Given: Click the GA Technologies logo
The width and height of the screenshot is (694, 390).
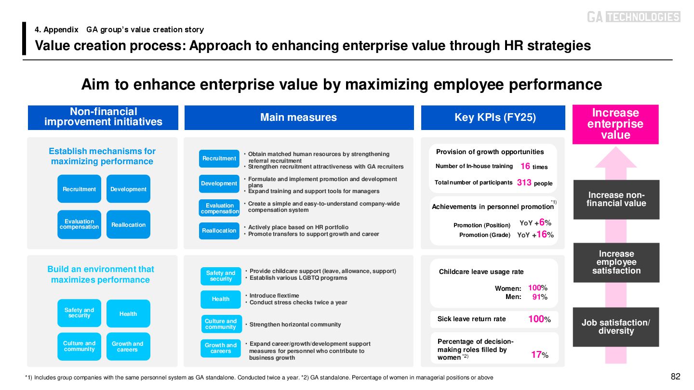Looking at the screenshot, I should (633, 17).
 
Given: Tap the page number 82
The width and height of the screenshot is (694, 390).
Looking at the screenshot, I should (675, 377).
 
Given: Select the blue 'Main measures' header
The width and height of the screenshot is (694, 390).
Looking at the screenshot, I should (299, 117).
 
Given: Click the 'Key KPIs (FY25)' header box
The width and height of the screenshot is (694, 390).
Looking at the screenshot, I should (493, 117).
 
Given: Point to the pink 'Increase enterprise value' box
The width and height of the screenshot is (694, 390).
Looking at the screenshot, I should (615, 124).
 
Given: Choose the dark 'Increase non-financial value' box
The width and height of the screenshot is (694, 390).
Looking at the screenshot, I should (616, 199).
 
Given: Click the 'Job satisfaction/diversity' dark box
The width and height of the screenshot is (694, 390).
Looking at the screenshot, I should (615, 327).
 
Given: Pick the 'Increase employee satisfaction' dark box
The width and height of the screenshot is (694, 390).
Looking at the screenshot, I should (616, 262).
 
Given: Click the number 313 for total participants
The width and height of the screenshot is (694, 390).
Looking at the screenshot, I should (524, 183).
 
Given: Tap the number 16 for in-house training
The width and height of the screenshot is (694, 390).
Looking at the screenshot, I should (525, 166).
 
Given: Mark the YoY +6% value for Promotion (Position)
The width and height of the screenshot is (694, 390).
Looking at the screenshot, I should (535, 222).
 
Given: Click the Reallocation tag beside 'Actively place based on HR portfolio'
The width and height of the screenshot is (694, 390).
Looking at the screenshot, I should (219, 231).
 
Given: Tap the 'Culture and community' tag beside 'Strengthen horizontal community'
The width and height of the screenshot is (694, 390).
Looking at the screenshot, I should (221, 324).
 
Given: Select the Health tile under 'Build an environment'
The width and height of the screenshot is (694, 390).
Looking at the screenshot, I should (128, 314).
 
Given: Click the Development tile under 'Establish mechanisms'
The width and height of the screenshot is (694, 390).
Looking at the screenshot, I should (128, 189).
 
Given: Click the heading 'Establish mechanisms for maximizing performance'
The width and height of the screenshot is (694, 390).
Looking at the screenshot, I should (102, 156).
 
